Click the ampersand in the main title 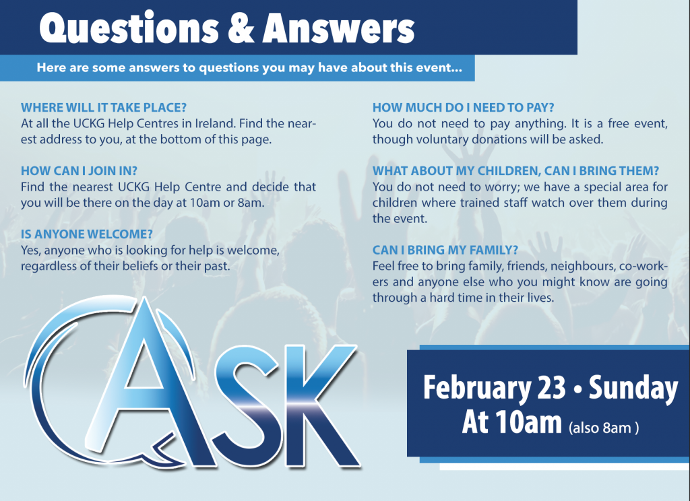pyautogui.click(x=241, y=28)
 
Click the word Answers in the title pyautogui.click(x=338, y=28)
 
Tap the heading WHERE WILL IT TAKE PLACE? pyautogui.click(x=104, y=107)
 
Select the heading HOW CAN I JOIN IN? pyautogui.click(x=80, y=170)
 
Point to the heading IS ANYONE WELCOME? pyautogui.click(x=87, y=234)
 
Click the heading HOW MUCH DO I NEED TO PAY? pyautogui.click(x=464, y=107)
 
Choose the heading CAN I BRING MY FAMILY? pyautogui.click(x=445, y=250)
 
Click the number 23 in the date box pyautogui.click(x=551, y=387)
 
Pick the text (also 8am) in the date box pyautogui.click(x=603, y=428)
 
